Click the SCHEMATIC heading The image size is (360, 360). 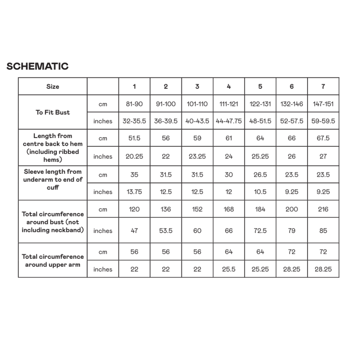[x=37, y=66]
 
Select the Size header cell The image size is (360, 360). [x=53, y=86]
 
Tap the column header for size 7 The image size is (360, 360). [x=323, y=86]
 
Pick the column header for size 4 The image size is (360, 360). [x=229, y=86]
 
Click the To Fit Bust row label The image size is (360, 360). [x=53, y=112]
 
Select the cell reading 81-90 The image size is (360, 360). [x=134, y=104]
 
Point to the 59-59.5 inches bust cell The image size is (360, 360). [x=323, y=121]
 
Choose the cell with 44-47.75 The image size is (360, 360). [x=229, y=121]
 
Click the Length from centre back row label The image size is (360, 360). [x=53, y=148]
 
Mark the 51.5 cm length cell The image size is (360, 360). [x=134, y=138]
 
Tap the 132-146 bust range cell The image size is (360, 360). [x=292, y=104]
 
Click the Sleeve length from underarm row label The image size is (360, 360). [x=53, y=179]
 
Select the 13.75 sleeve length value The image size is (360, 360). [x=134, y=192]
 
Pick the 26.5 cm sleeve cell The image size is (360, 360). [x=260, y=175]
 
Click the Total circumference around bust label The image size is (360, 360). [x=53, y=222]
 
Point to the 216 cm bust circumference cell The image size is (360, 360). [x=323, y=209]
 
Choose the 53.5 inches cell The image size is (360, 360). [x=166, y=231]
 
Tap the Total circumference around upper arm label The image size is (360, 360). [x=53, y=261]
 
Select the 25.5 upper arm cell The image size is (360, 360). [x=229, y=269]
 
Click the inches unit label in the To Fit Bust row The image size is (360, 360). [x=103, y=121]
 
